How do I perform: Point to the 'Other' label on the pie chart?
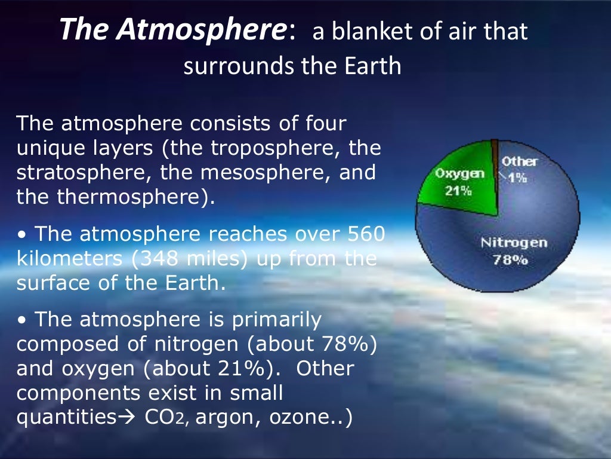coord(519,161)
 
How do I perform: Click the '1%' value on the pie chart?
coord(517,178)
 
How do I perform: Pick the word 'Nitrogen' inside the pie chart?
coord(513,243)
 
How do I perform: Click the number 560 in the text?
coord(365,234)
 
